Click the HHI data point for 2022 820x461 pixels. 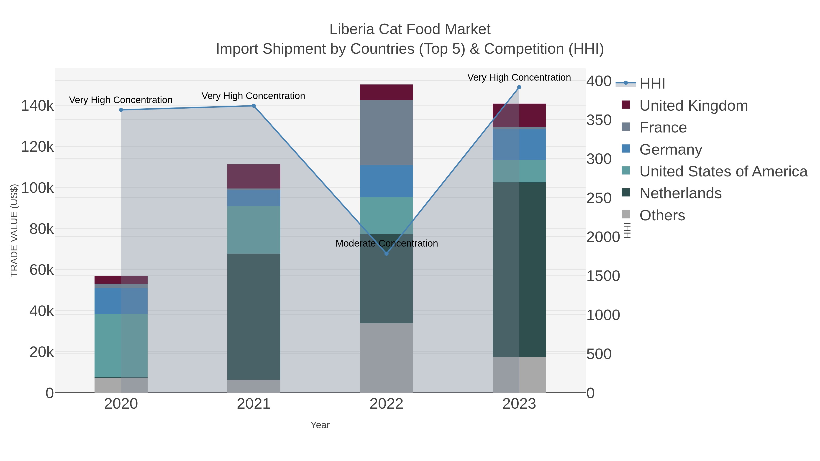387,254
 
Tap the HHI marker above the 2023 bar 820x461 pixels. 519,87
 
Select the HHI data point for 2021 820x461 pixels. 254,106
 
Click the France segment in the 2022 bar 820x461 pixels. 387,133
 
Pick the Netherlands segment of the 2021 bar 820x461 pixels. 254,317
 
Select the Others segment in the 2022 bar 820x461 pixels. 387,358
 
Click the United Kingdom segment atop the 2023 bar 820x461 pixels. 519,115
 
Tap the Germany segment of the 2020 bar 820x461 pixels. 121,301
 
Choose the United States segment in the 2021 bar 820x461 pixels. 254,230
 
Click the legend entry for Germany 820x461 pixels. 670,150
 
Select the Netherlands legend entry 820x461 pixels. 680,194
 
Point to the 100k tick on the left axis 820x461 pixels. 37,188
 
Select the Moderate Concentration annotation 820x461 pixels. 387,243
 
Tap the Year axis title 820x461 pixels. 320,425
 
